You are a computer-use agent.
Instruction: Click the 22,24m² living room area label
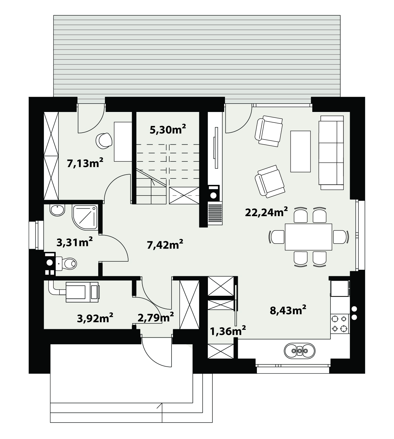pyautogui.click(x=266, y=212)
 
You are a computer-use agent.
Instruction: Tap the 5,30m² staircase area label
pyautogui.click(x=168, y=130)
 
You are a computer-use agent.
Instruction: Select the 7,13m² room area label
pyautogui.click(x=85, y=163)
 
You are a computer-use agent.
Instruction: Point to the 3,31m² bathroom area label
pyautogui.click(x=75, y=242)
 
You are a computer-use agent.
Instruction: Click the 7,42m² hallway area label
pyautogui.click(x=165, y=245)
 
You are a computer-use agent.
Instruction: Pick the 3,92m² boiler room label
pyautogui.click(x=95, y=318)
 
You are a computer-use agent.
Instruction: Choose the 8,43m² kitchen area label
pyautogui.click(x=288, y=310)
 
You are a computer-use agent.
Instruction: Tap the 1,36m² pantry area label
pyautogui.click(x=228, y=331)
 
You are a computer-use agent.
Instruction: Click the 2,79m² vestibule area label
pyautogui.click(x=156, y=317)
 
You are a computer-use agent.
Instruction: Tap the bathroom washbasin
pyautogui.click(x=58, y=210)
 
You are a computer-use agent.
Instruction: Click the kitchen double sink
pyautogui.click(x=299, y=350)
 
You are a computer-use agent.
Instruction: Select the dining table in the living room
pyautogui.click(x=308, y=237)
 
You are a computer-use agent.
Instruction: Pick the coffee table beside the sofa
pyautogui.click(x=301, y=151)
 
